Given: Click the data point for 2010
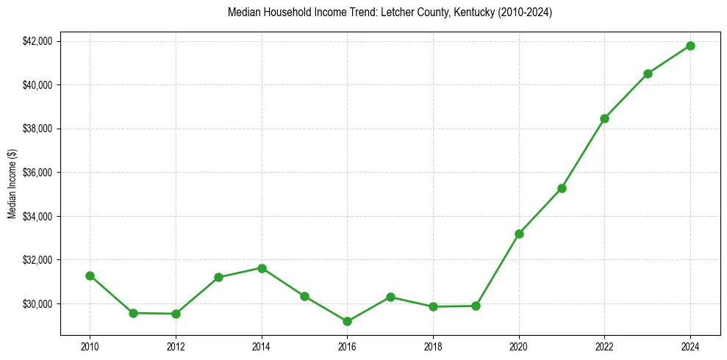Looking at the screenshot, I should pyautogui.click(x=90, y=276).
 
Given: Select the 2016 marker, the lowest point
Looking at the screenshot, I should pyautogui.click(x=347, y=321).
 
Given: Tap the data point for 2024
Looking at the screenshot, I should pyautogui.click(x=690, y=46).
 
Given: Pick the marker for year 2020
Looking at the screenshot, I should pyautogui.click(x=519, y=234).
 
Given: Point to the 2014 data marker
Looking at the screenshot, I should pyautogui.click(x=262, y=268).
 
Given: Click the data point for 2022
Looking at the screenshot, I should pyautogui.click(x=604, y=118).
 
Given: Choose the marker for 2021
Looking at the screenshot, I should pyautogui.click(x=562, y=188).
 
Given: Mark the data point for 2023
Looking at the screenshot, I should pyautogui.click(x=648, y=73).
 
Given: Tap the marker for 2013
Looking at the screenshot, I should pyautogui.click(x=218, y=277).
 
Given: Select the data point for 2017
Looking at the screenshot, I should pyautogui.click(x=390, y=297).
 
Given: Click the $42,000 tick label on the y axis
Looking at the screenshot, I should pyautogui.click(x=37, y=41).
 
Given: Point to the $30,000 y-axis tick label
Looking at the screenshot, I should pyautogui.click(x=37, y=304).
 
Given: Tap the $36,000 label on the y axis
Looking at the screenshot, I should pyautogui.click(x=37, y=173).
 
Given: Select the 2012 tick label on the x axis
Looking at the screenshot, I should pyautogui.click(x=175, y=347).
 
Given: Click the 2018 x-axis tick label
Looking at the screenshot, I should pyautogui.click(x=433, y=347).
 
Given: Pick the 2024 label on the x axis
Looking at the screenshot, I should pyautogui.click(x=690, y=347).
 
